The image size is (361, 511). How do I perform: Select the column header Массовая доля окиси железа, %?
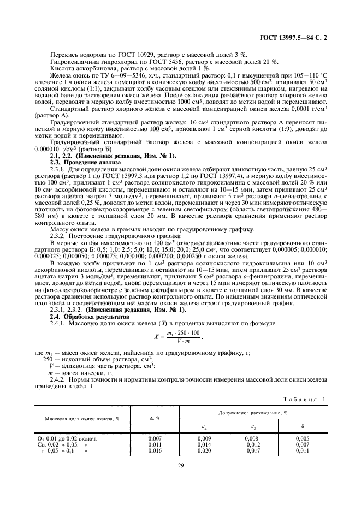(85, 419)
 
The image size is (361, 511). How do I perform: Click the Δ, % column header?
(154, 419)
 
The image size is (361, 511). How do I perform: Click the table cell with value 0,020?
(204, 451)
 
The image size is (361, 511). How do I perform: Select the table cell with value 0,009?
(204, 438)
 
